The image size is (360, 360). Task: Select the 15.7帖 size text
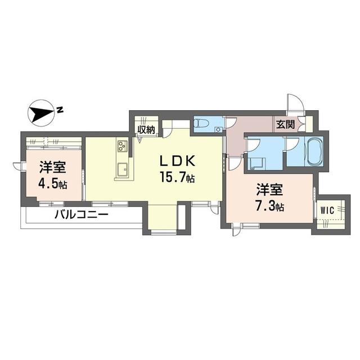coord(177,179)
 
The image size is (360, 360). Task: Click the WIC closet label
coord(327,210)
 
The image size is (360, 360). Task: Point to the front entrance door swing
coord(294,103)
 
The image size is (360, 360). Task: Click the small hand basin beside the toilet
coord(217,130)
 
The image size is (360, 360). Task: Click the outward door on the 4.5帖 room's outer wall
coord(19,166)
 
